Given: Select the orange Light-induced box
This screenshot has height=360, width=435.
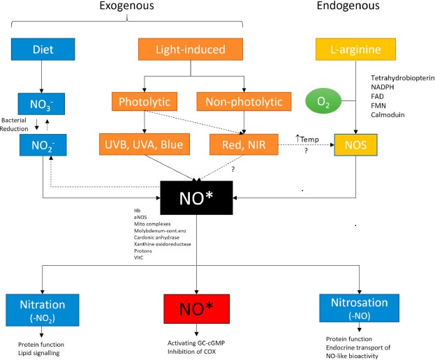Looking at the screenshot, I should (x=189, y=50).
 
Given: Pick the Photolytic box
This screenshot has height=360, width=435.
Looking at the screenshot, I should (x=142, y=103).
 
